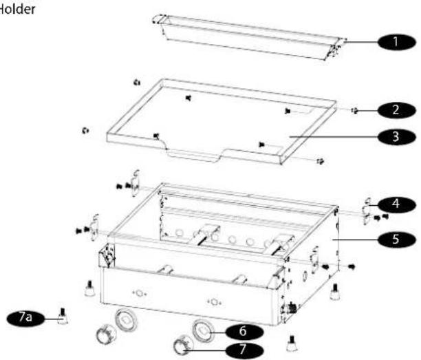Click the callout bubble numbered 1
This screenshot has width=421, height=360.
click(396, 41)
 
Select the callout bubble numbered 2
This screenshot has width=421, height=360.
click(396, 109)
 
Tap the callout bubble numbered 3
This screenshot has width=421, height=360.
click(396, 136)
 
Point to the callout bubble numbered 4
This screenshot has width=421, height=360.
click(396, 204)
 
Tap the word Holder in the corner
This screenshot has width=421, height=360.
click(13, 10)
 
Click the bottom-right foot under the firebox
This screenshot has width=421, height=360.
click(292, 341)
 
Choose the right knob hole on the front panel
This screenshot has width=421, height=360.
click(215, 301)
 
